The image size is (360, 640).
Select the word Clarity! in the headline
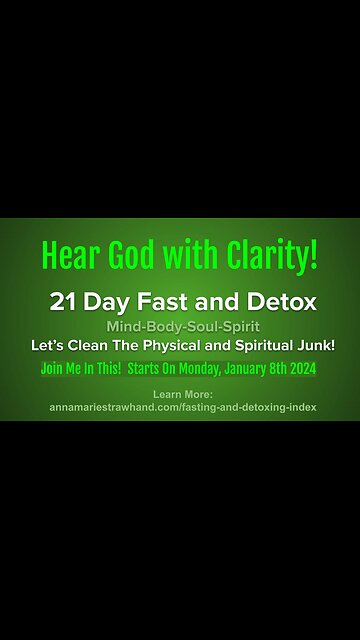pyautogui.click(x=273, y=257)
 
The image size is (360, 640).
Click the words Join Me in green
pyautogui.click(x=64, y=365)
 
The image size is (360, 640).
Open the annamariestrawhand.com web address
pyautogui.click(x=180, y=407)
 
